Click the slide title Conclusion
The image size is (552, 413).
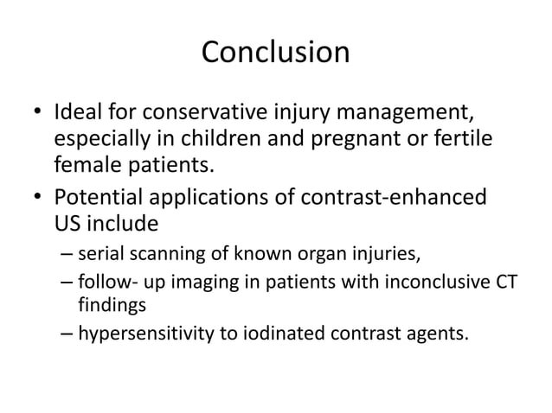point(275,53)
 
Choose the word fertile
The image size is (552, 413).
point(465,137)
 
